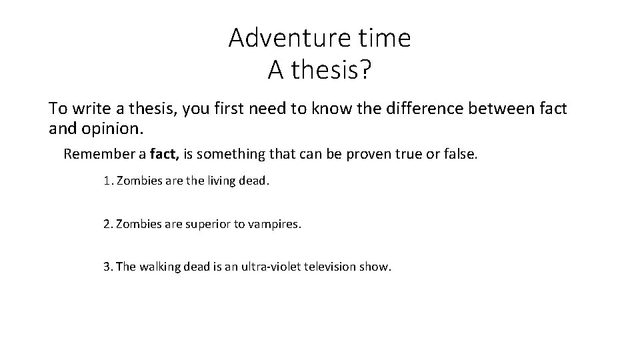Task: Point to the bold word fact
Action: coord(163,155)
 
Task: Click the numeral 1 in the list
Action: coord(107,181)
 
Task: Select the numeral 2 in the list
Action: coord(107,224)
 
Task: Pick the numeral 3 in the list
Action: coord(107,267)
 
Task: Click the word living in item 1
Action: coord(219,181)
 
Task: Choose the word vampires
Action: coord(276,224)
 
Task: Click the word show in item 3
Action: coord(377,267)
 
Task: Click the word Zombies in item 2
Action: coord(137,224)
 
